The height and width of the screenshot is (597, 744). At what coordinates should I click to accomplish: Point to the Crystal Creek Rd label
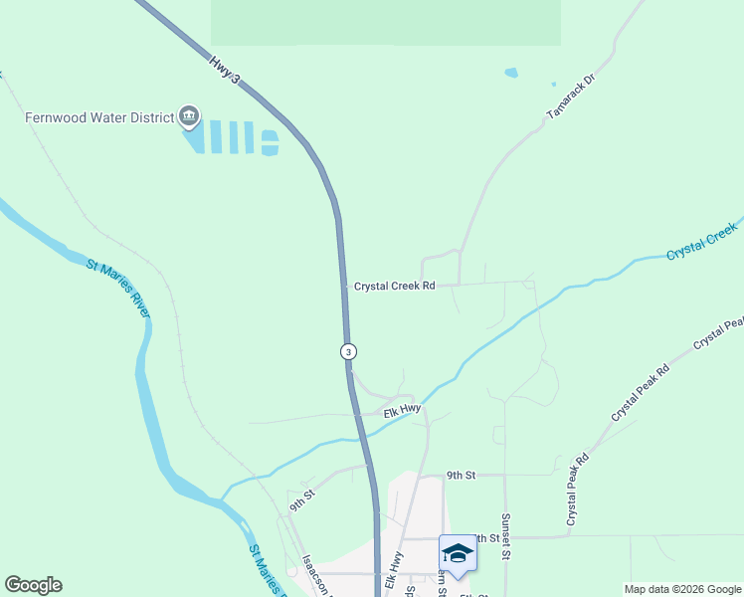(x=395, y=287)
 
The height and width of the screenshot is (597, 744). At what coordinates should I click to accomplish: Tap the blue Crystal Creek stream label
(x=702, y=242)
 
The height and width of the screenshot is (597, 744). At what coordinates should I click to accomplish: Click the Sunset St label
(x=506, y=536)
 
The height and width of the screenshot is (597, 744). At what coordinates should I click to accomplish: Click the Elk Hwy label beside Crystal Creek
(x=404, y=408)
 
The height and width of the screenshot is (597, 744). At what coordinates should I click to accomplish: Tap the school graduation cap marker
(x=458, y=553)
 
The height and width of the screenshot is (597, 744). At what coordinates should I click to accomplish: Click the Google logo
(x=33, y=585)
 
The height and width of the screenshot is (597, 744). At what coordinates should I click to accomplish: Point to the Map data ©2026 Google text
(x=681, y=589)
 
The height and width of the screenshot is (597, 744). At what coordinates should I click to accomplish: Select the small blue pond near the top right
(x=511, y=73)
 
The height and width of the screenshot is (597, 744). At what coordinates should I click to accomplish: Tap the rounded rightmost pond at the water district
(x=270, y=142)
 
